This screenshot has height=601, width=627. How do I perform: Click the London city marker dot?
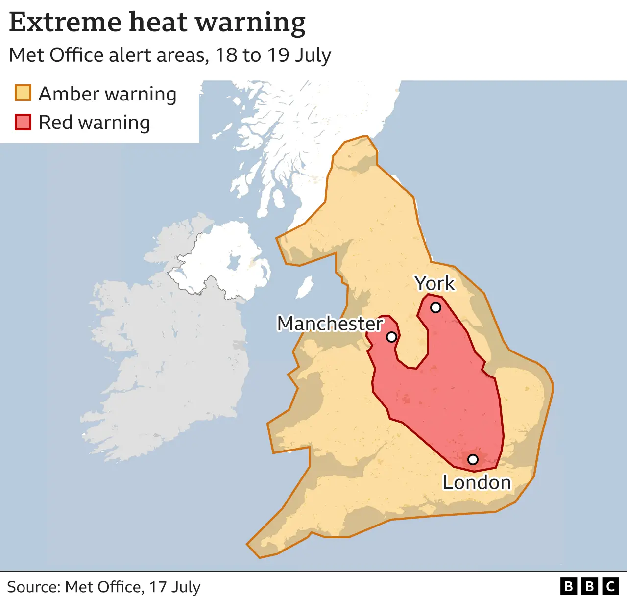pyautogui.click(x=473, y=459)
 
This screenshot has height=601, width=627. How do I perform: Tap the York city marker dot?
pyautogui.click(x=435, y=308)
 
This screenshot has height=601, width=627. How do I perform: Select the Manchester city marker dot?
pyautogui.click(x=391, y=337)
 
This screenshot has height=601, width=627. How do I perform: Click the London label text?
pyautogui.click(x=477, y=483)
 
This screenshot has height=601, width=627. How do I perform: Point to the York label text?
pyautogui.click(x=434, y=283)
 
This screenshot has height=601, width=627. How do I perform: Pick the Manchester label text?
pyautogui.click(x=330, y=324)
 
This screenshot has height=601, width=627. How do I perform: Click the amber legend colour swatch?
pyautogui.click(x=23, y=93)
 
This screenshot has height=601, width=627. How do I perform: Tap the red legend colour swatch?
pyautogui.click(x=23, y=122)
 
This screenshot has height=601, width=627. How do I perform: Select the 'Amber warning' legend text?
pyautogui.click(x=107, y=94)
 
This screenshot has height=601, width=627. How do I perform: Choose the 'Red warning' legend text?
pyautogui.click(x=94, y=123)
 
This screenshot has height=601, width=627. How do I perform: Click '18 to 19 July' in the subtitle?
pyautogui.click(x=273, y=55)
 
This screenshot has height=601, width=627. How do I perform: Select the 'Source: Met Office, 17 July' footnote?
pyautogui.click(x=104, y=587)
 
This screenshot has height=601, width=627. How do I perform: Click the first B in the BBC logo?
pyautogui.click(x=568, y=586)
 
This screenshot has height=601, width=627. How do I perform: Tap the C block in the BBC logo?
pyautogui.click(x=610, y=586)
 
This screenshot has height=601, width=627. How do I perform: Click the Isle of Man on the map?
pyautogui.click(x=305, y=287)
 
